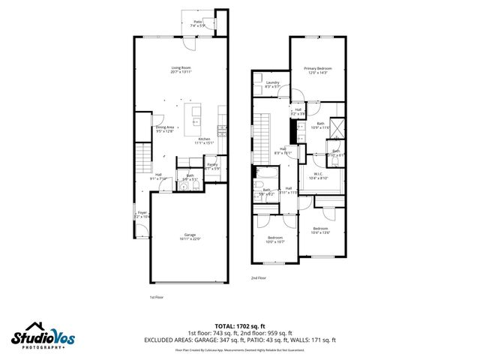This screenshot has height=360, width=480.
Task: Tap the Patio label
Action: point(198,24)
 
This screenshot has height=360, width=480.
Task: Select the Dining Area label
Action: point(165,129)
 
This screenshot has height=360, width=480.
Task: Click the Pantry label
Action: point(213,166)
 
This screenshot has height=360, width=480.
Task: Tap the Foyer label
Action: point(141,214)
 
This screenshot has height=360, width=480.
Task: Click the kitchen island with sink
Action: point(197,115)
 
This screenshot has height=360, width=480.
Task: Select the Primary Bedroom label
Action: point(317,70)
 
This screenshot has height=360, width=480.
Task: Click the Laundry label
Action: point(272,84)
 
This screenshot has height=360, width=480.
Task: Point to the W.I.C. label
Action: point(319,175)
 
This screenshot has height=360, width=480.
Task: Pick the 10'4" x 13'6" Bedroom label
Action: point(320,229)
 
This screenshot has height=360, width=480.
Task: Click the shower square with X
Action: point(338,127)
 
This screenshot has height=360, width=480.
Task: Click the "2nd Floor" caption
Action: point(259,277)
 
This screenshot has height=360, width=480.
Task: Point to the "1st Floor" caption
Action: point(156,298)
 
